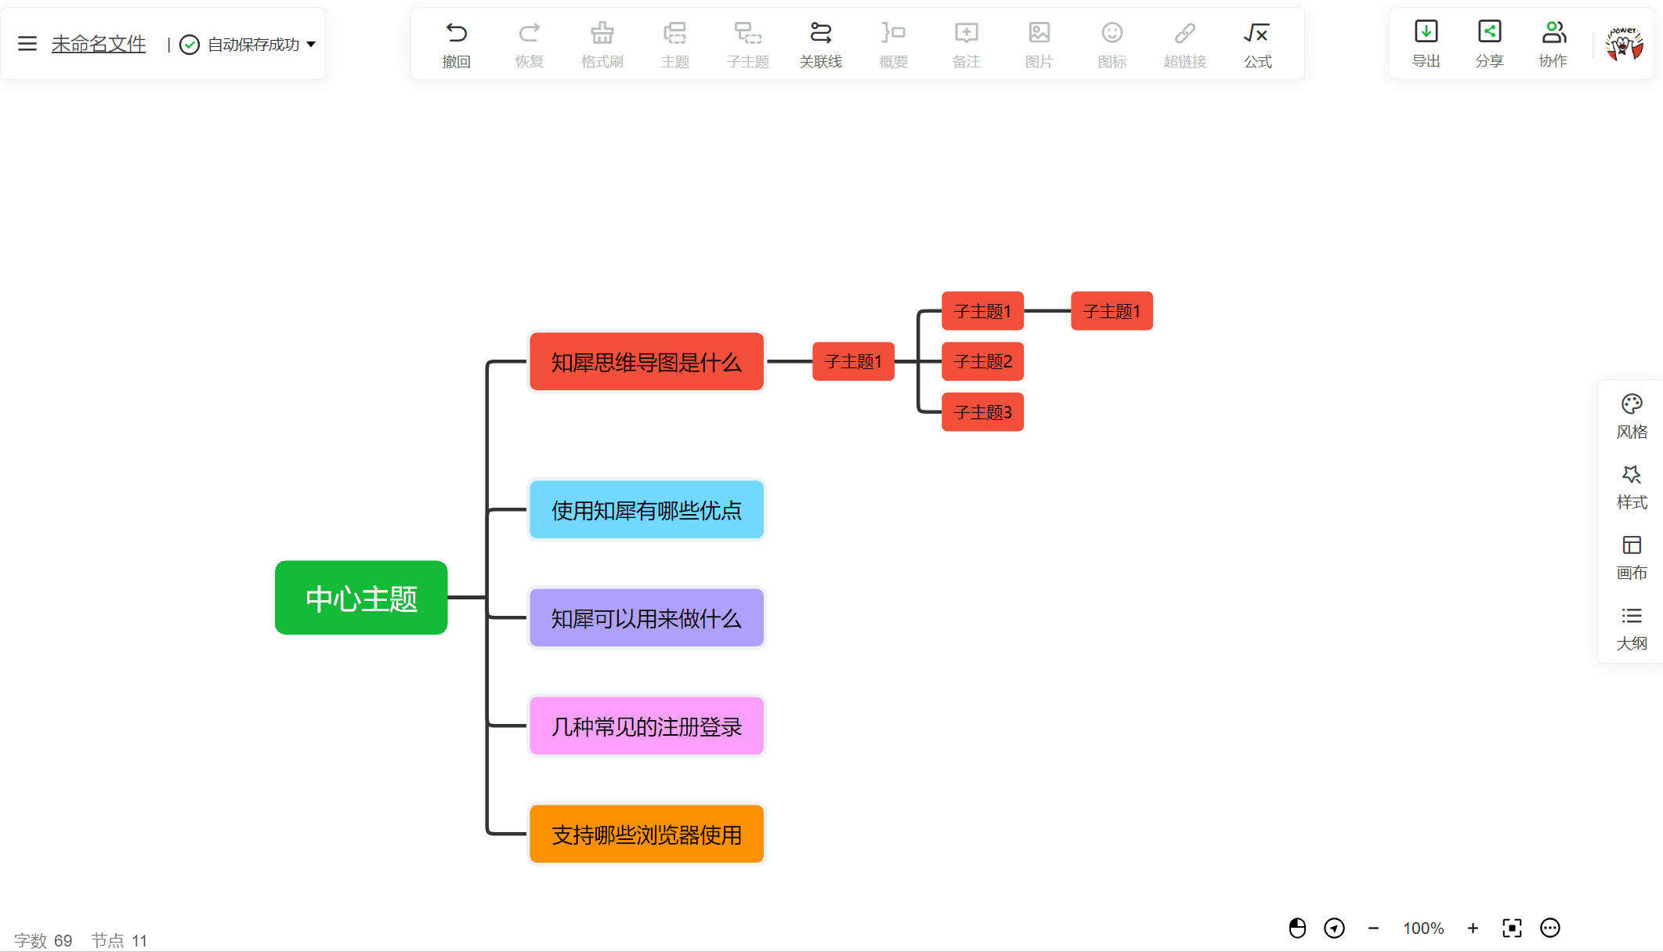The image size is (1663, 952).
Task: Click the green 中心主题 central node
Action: tap(361, 598)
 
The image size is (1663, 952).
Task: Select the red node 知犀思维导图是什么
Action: tap(646, 361)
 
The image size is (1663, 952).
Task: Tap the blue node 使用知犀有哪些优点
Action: tap(646, 510)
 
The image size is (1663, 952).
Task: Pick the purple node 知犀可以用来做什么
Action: tap(646, 618)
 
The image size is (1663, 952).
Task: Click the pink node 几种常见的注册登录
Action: tap(646, 726)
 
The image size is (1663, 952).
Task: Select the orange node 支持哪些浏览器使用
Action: tap(646, 834)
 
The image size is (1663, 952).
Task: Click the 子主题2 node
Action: tap(982, 361)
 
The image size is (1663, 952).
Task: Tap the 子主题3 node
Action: tap(982, 412)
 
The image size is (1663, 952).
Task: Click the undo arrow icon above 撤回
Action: tap(456, 33)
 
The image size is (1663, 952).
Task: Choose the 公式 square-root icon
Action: tap(1256, 33)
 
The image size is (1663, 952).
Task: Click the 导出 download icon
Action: tap(1426, 31)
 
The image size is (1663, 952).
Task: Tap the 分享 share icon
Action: tap(1489, 31)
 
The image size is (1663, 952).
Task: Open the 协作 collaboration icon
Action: tap(1553, 31)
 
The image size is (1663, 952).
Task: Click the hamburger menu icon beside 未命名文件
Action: tap(27, 44)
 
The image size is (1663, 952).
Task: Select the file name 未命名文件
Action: tap(99, 44)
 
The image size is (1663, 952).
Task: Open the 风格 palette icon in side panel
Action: tap(1632, 404)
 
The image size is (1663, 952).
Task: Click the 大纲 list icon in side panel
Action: tap(1632, 616)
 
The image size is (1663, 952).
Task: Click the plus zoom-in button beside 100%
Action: tap(1473, 928)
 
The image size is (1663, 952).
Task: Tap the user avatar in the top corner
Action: tap(1624, 44)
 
